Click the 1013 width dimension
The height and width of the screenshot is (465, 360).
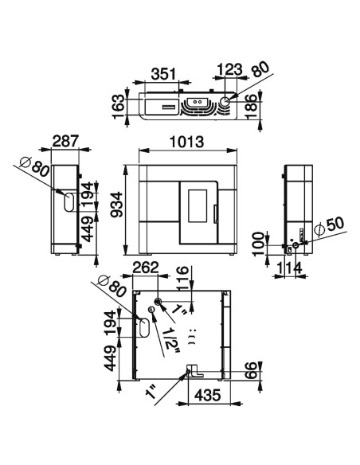click(186, 142)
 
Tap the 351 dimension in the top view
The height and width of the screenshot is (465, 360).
click(163, 74)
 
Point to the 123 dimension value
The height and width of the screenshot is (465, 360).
click(230, 70)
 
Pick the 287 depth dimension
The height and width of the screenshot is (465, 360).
click(65, 141)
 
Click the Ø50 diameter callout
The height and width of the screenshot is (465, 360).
click(329, 227)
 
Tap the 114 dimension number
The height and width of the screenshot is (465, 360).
click(289, 268)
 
